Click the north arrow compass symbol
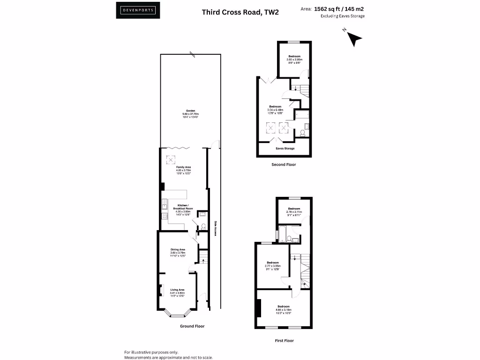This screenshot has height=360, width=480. (355, 39)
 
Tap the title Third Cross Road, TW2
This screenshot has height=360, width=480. (240, 12)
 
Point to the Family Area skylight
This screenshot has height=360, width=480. (169, 159)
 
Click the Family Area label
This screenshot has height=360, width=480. (183, 170)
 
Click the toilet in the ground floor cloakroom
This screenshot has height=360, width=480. (203, 226)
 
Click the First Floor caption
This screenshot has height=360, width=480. (284, 341)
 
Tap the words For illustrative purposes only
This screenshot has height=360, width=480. (151, 352)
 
